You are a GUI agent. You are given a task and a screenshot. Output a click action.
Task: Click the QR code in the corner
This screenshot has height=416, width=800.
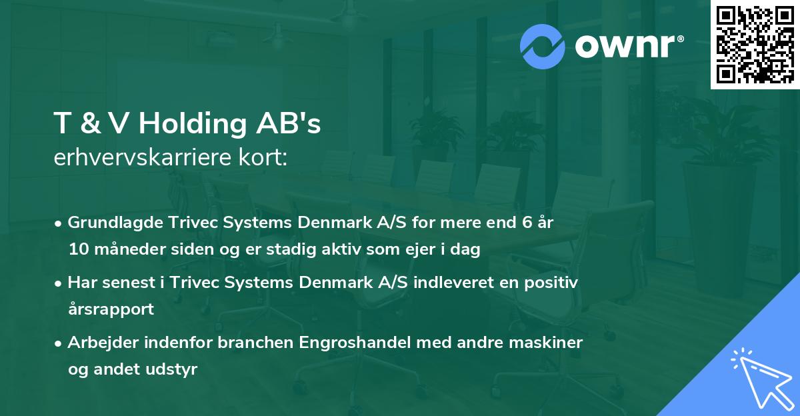point(755,45)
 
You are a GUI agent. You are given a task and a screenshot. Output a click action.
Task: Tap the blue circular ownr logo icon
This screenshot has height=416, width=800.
point(543,45)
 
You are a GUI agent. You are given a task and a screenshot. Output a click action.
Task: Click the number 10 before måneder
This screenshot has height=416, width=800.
point(76,249)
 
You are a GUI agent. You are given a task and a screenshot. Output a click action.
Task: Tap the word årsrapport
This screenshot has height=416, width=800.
point(111,309)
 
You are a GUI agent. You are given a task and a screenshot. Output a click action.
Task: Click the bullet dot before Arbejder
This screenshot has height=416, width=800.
point(59,343)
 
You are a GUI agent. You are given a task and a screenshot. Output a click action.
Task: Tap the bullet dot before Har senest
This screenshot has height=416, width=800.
point(59,283)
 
